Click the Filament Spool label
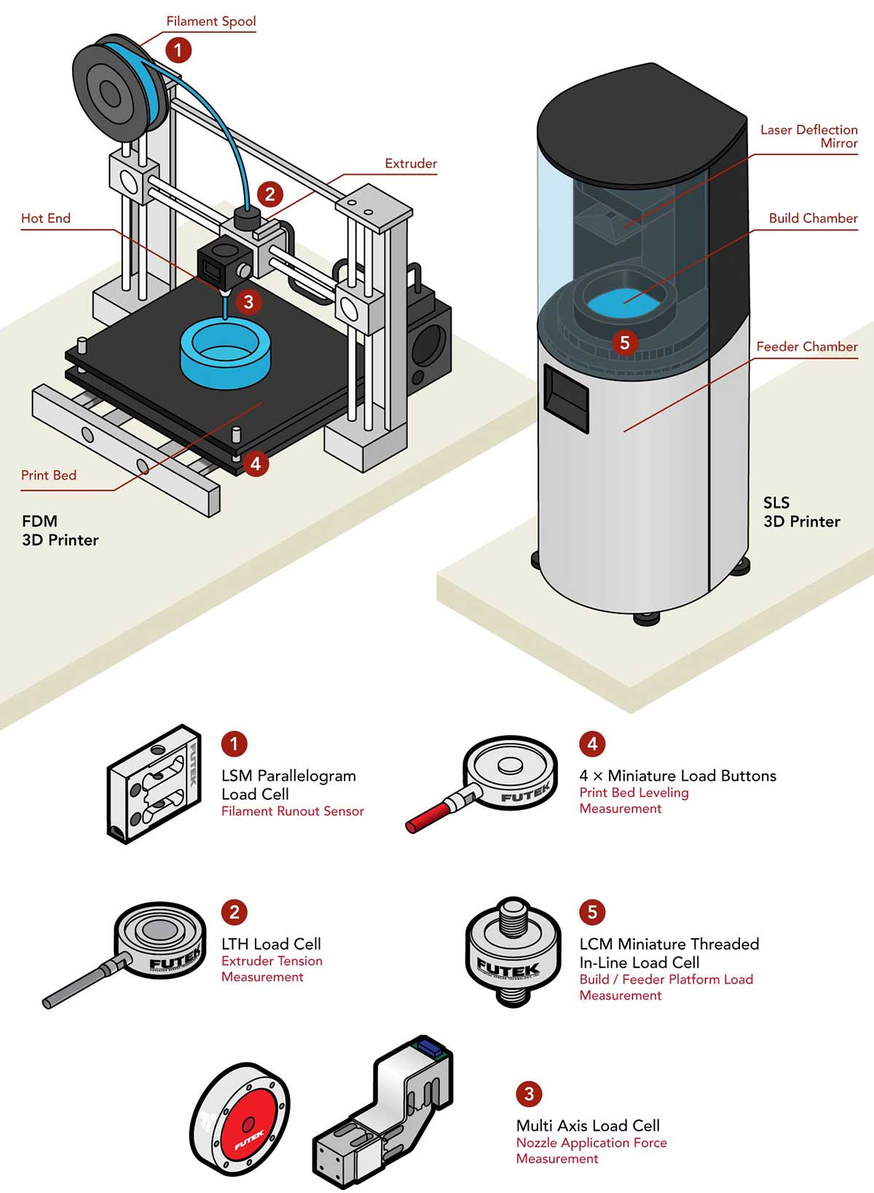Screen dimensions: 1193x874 pyautogui.click(x=211, y=21)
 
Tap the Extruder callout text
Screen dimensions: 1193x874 pyautogui.click(x=411, y=164)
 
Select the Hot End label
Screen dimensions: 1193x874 pyautogui.click(x=46, y=218)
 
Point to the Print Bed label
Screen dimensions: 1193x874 pyautogui.click(x=49, y=476)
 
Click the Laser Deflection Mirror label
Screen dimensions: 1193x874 pyautogui.click(x=808, y=136)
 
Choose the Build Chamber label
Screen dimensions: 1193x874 pyautogui.click(x=813, y=218)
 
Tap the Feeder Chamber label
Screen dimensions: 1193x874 pyautogui.click(x=806, y=347)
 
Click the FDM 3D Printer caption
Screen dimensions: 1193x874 pyautogui.click(x=60, y=530)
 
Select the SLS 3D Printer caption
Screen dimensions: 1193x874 pyautogui.click(x=801, y=512)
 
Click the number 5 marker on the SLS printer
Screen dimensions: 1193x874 pyautogui.click(x=624, y=342)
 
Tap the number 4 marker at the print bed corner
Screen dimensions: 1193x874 pyautogui.click(x=255, y=462)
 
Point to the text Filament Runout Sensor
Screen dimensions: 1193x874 pyautogui.click(x=292, y=811)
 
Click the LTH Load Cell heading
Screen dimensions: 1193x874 pyautogui.click(x=271, y=944)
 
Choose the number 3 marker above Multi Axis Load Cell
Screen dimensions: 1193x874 pyautogui.click(x=529, y=1094)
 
